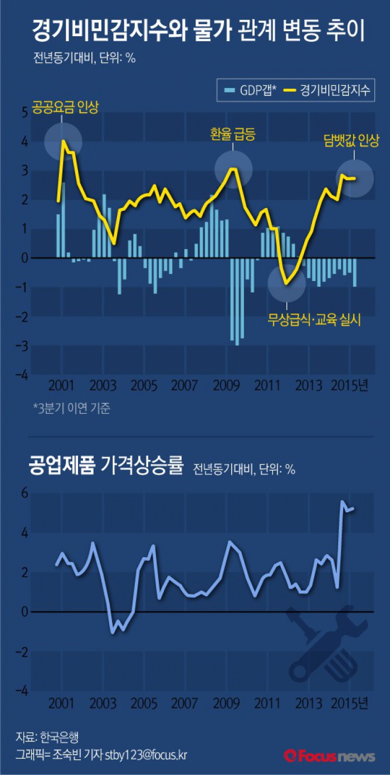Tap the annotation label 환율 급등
tap(233, 134)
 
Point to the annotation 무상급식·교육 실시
tap(315, 320)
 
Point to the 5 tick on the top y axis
tap(24, 112)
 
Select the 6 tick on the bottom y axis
tap(24, 493)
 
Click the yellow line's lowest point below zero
tap(286, 283)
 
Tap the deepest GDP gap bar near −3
tap(237, 344)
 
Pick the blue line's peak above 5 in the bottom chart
tap(342, 501)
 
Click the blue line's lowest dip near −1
tap(113, 632)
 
